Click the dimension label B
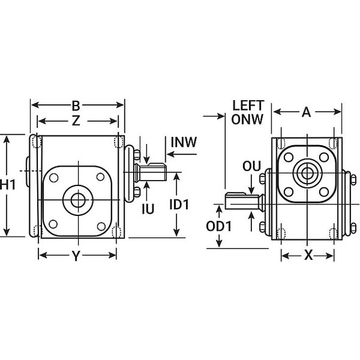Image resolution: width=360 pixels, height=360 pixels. [76, 104]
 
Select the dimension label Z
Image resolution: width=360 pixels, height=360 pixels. [76, 121]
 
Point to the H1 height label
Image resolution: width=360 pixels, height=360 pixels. [9, 185]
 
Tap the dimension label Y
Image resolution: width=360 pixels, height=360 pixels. [76, 256]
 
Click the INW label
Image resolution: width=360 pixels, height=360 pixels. [184, 143]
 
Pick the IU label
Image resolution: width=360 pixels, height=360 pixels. [148, 209]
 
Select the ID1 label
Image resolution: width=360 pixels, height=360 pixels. [179, 205]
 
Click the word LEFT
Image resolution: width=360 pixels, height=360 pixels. [248, 106]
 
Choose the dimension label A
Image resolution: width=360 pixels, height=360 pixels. [306, 112]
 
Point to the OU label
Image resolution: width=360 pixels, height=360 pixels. [251, 166]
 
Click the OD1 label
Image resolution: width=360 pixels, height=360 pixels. [218, 226]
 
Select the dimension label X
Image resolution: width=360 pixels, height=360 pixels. [308, 256]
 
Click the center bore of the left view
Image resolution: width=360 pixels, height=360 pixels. [77, 200]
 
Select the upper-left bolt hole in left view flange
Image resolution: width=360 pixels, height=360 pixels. [54, 178]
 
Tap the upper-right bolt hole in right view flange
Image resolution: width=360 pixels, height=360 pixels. [324, 157]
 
